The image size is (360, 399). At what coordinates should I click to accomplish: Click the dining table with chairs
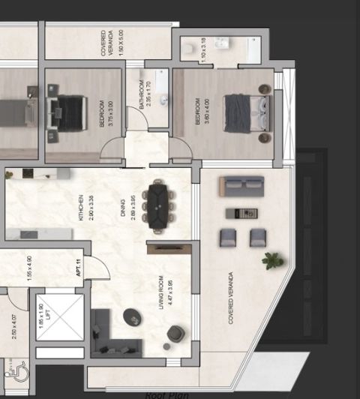(x=159, y=204)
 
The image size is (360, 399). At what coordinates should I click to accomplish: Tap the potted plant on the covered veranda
(x=272, y=260)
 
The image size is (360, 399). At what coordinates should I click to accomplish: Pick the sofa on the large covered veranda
(x=241, y=186)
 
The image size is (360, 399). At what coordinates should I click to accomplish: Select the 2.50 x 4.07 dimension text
(x=14, y=328)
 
